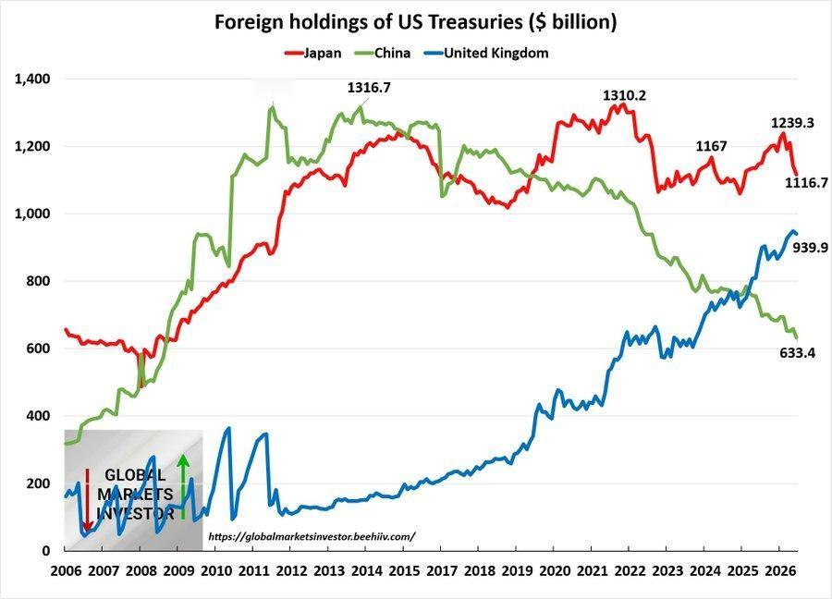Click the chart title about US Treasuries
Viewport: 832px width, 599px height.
(415, 22)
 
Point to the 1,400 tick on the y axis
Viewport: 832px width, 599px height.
(32, 79)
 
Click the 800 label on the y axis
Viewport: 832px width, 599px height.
(38, 281)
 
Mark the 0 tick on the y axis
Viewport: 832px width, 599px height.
(46, 551)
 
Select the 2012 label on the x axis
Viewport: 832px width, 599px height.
(291, 571)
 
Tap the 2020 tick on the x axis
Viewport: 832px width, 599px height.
(555, 571)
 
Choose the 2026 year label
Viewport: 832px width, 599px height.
(780, 571)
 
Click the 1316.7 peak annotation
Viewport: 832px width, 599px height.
(369, 88)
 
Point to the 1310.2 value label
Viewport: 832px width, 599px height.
(625, 95)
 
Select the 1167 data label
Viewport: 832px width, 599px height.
(711, 146)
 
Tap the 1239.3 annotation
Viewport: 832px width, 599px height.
(792, 123)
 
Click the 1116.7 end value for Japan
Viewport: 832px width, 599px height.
(806, 183)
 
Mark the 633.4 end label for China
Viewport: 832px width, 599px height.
(798, 353)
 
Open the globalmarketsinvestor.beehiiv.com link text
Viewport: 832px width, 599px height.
(312, 536)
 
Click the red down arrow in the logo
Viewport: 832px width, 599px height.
(88, 498)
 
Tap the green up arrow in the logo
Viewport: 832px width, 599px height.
(183, 485)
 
